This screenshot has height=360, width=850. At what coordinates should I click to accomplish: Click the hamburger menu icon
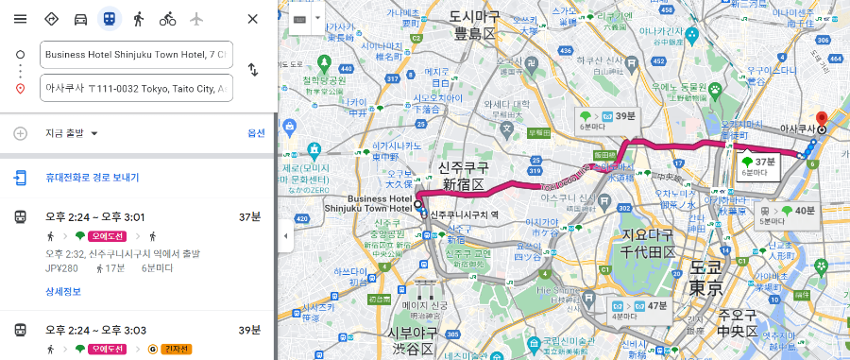coord(20,19)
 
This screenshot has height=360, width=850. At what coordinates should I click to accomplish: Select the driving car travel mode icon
coord(81,19)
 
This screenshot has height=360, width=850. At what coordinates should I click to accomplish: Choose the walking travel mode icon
coord(139,19)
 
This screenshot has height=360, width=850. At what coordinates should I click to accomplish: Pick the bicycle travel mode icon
coord(167,19)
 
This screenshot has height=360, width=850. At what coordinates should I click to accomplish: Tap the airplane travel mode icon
coord(196,19)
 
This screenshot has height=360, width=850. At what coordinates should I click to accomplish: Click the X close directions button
coord(252,19)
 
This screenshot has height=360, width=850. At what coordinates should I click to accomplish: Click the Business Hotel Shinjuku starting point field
coord(136,55)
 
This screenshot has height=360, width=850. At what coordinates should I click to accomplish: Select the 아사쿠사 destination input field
coord(136,89)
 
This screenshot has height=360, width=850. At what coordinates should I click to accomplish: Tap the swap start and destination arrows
coord(252,70)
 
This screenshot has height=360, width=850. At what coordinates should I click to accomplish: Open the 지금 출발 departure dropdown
coord(72,133)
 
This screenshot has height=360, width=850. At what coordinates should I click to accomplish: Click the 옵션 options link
coord(256,133)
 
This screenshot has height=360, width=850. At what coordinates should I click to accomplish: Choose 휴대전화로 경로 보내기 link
coord(91,177)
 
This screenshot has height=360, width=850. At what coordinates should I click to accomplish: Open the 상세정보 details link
coord(63,291)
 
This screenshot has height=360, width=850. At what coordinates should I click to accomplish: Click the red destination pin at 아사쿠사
coord(822,120)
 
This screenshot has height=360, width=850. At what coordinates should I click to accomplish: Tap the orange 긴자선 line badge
coord(176,349)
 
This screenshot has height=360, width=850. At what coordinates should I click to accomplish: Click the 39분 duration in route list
coord(248,329)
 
